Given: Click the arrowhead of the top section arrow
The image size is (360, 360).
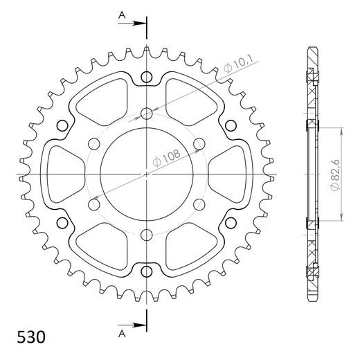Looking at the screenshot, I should tap(141, 26).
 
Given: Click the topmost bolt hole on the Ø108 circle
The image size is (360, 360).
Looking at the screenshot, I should tap(147, 113).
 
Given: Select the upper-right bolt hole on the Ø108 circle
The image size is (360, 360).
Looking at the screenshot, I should tap(199, 144).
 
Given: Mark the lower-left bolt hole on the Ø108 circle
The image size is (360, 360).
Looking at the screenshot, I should tap(94, 205).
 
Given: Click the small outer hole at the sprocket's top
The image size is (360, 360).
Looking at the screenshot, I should tap(147, 77).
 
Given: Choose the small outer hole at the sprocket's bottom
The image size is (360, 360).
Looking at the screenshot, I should tap(147, 271).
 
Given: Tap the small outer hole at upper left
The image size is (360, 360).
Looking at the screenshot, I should tap(62, 125).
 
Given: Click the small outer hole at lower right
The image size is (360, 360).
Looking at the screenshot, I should tap(231, 223).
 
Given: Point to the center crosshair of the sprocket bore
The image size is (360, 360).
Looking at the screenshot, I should tap(147, 174).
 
